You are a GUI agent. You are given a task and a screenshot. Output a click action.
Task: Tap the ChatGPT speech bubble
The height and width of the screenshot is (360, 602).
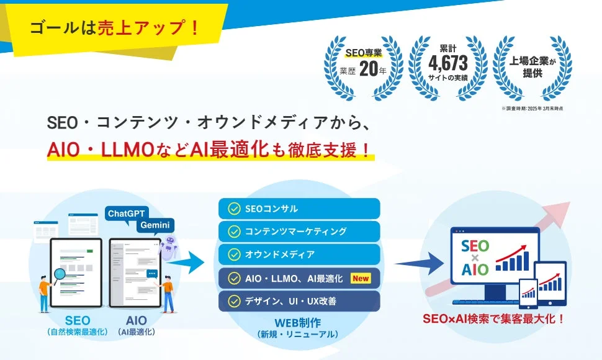coord(127,214)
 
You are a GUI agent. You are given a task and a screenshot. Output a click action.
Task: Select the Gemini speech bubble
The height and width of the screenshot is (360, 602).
coord(156,225)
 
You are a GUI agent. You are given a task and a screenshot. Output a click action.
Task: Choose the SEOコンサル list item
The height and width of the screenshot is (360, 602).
coord(299,209)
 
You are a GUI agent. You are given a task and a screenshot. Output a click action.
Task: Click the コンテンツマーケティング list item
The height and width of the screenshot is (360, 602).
coord(299,232)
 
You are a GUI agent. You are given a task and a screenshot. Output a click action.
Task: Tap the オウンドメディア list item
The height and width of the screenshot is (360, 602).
coord(299,254)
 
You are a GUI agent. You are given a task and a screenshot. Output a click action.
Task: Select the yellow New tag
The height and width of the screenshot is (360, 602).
coord(361,279)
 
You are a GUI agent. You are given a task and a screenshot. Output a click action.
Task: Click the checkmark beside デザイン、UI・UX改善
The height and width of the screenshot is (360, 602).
coord(233,301)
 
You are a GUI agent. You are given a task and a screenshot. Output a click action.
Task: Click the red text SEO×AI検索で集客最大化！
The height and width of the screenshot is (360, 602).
coord(494,319)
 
